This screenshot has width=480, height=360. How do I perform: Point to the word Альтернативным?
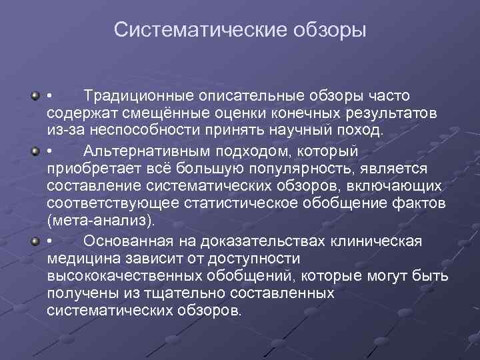click(x=145, y=153)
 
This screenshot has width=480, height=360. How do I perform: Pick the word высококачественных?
click(x=126, y=276)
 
